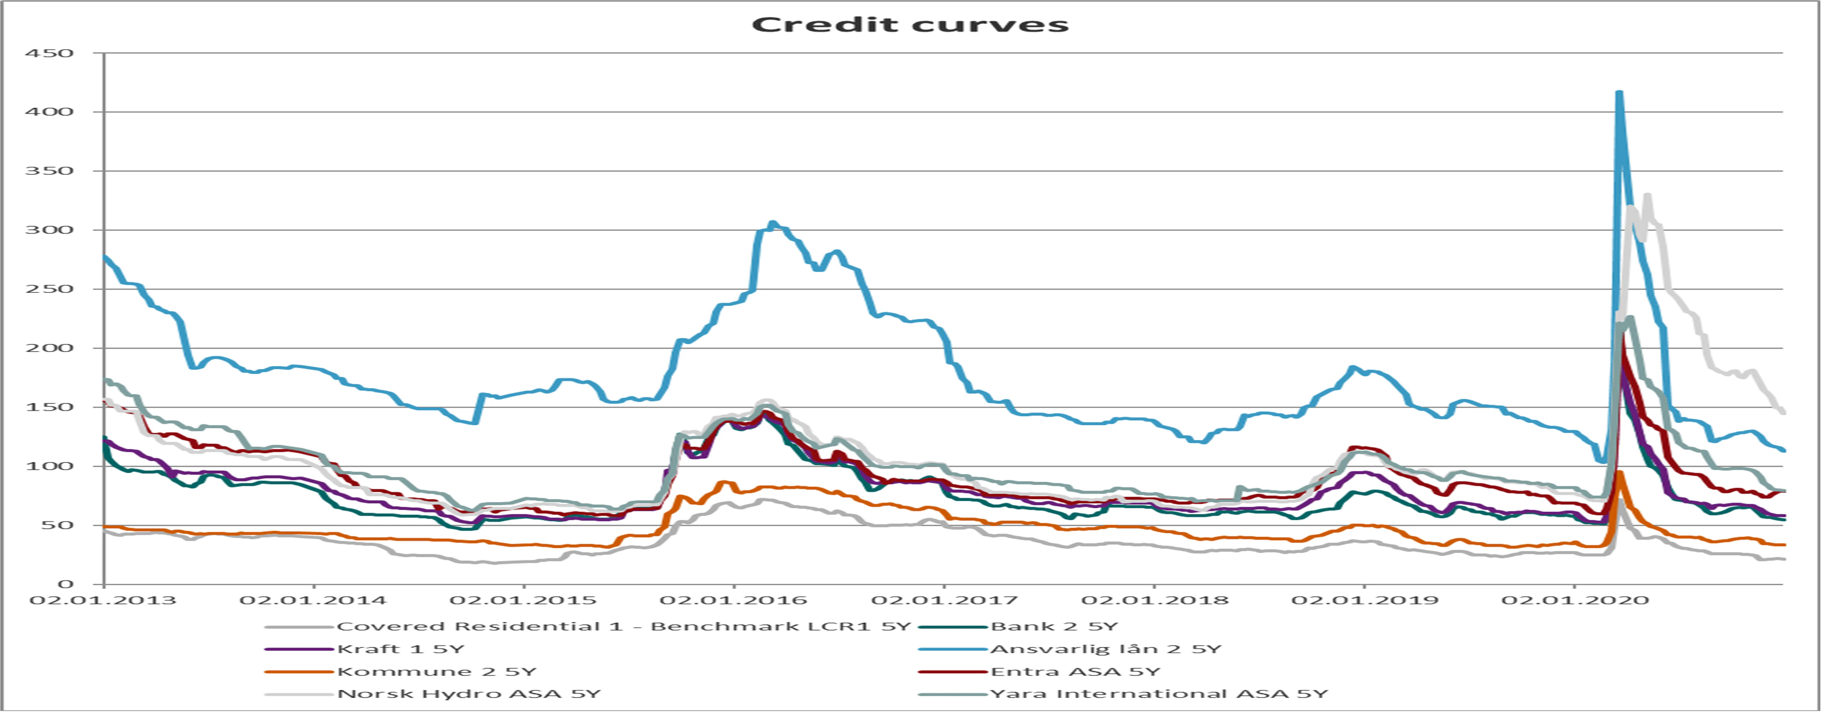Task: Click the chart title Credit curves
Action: coord(910,25)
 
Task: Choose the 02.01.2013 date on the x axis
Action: coord(103,600)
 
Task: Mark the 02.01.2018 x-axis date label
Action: coord(1155,600)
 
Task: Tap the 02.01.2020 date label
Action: coord(1575,600)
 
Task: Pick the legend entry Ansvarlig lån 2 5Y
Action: coord(1106,649)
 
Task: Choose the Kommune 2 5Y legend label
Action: coord(436,672)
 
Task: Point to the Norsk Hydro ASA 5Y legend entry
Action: coord(469,694)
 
